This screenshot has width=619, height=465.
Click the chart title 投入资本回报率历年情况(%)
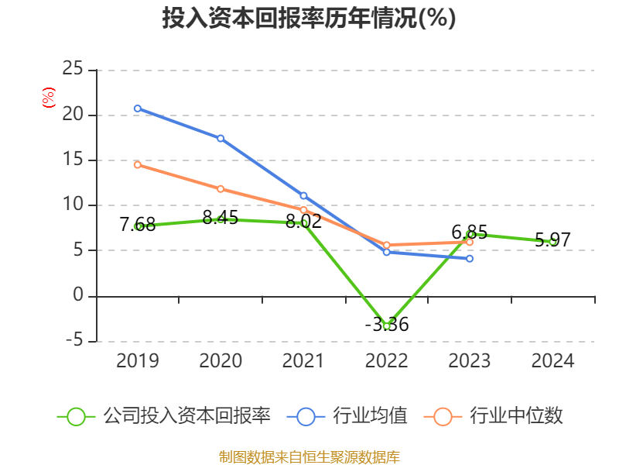309,19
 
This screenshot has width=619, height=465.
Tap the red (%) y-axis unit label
49,98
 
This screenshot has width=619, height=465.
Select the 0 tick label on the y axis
78,295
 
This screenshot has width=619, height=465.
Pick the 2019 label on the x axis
138,361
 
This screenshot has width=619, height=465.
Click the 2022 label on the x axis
387,361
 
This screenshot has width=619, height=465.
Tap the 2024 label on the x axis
552,361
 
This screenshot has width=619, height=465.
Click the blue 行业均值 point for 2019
138,108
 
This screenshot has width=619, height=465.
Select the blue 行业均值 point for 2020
221,139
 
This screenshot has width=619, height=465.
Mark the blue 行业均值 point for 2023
470,259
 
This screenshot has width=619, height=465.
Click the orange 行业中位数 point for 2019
138,164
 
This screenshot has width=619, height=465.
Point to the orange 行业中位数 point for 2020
221,189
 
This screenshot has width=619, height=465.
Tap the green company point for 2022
387,326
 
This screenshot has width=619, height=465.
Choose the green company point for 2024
552,242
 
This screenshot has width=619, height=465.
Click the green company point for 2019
138,226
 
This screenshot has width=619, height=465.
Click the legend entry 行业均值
347,416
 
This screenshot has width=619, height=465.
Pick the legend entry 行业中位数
494,416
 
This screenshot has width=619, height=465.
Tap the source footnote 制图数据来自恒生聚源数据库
309,456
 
